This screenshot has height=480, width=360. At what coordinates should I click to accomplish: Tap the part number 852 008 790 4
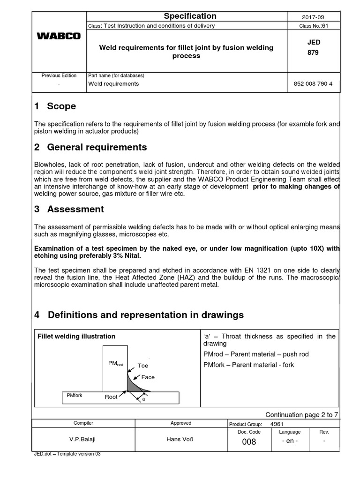(x=313, y=84)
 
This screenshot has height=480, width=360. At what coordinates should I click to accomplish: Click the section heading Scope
(x=61, y=106)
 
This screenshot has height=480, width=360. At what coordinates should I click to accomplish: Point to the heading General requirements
(x=97, y=148)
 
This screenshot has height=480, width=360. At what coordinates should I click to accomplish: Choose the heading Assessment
(x=75, y=209)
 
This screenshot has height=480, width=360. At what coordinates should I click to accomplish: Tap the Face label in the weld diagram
(x=148, y=377)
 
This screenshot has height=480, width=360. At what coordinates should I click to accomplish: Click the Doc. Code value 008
(x=248, y=442)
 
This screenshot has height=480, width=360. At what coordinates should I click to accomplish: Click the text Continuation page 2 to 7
(x=301, y=414)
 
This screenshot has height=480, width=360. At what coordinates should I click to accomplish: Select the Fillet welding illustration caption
(x=76, y=337)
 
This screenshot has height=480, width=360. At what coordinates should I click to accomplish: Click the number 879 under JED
(x=313, y=52)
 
